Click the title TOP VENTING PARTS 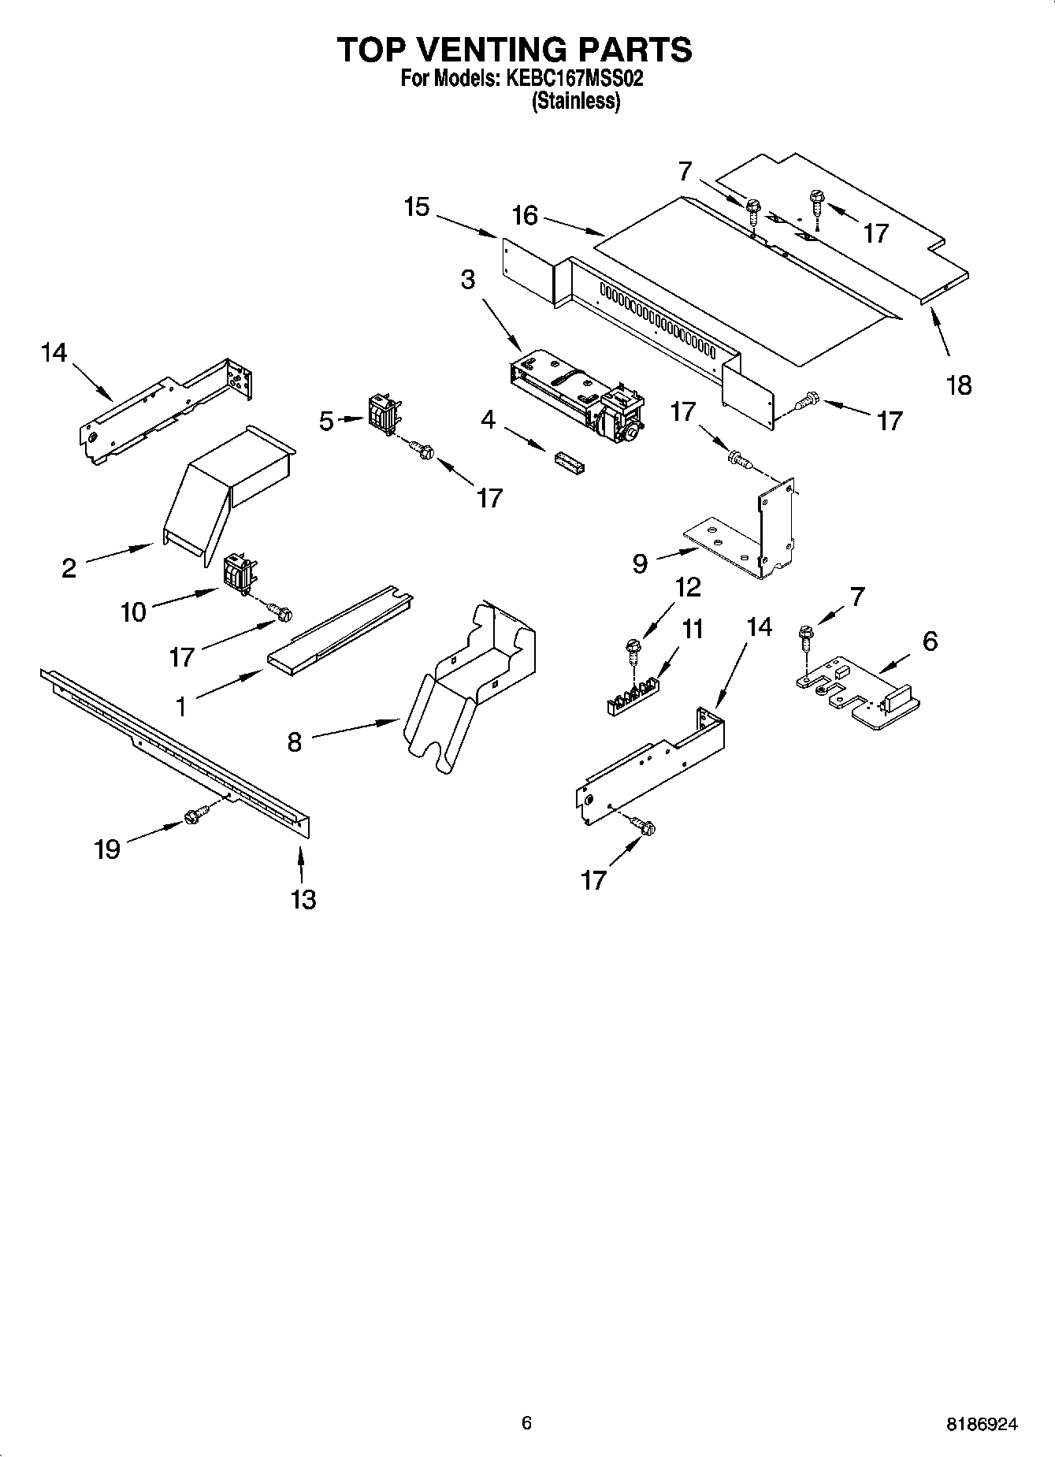click(514, 50)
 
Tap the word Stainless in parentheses click(576, 101)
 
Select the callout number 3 click(468, 279)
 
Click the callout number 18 click(959, 385)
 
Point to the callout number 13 click(303, 898)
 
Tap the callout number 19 click(107, 849)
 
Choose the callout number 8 click(294, 742)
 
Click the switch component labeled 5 click(383, 413)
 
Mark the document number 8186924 click(981, 1424)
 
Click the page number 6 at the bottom click(526, 1422)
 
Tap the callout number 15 click(417, 207)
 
